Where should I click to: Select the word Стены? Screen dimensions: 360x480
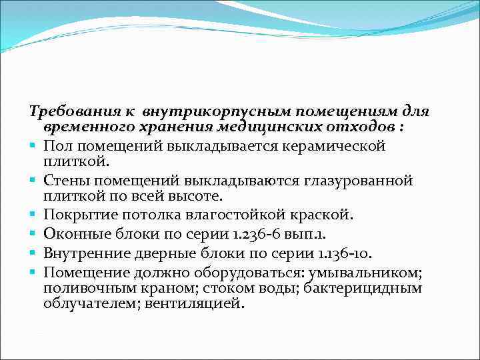[x=63, y=181]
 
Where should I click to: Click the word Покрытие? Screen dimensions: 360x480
[x=75, y=215]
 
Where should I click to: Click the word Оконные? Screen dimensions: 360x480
[x=72, y=233]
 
